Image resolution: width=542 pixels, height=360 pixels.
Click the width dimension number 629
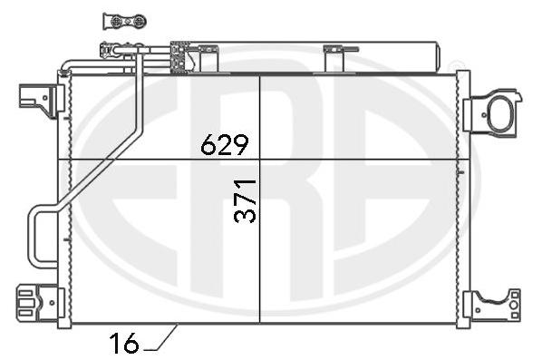[225, 144]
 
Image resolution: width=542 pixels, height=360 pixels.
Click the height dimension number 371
[245, 200]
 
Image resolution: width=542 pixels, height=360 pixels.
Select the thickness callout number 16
[124, 343]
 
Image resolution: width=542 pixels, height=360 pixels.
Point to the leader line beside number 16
[161, 338]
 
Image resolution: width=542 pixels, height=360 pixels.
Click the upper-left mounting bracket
[42, 101]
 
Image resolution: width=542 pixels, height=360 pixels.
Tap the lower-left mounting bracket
[41, 303]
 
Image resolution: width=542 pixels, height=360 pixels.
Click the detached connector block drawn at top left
[125, 22]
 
